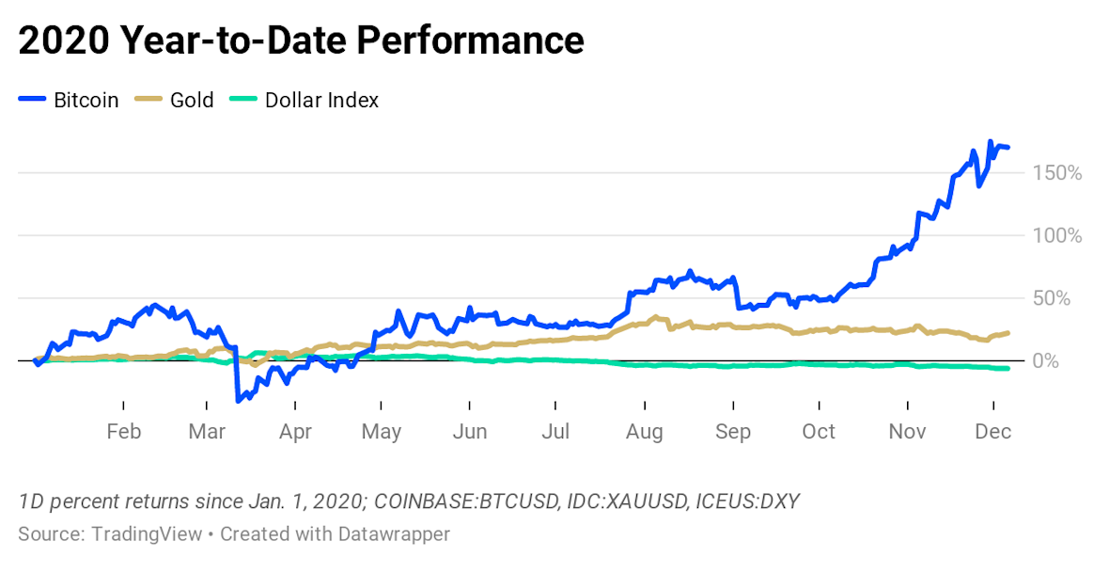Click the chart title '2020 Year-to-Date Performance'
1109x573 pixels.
click(301, 40)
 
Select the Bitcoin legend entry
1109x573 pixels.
click(86, 100)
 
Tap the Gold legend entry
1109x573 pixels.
click(192, 100)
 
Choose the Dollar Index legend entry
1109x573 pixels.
click(321, 100)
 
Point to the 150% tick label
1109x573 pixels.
click(1057, 173)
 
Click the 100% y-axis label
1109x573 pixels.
click(1057, 235)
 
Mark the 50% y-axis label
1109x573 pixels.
click(1062, 298)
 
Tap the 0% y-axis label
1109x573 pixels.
click(1067, 361)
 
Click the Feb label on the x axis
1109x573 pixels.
click(123, 431)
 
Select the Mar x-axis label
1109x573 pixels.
click(208, 431)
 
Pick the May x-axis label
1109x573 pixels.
click(382, 431)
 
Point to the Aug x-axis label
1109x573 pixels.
click(644, 431)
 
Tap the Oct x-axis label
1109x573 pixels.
click(819, 431)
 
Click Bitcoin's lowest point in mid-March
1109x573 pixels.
click(238, 402)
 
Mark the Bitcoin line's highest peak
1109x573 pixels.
click(990, 142)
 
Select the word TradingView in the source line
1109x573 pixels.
click(146, 533)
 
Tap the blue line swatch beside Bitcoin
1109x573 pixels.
click(32, 100)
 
